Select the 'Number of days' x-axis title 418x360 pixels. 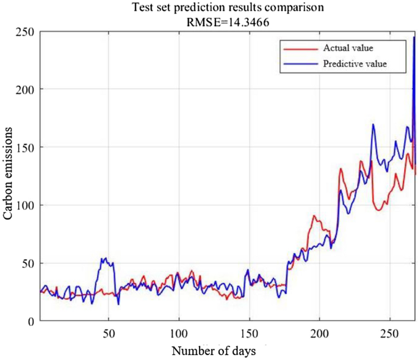pos(213,351)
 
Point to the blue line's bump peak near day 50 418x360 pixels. pos(106,258)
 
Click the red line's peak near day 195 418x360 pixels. pos(314,216)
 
